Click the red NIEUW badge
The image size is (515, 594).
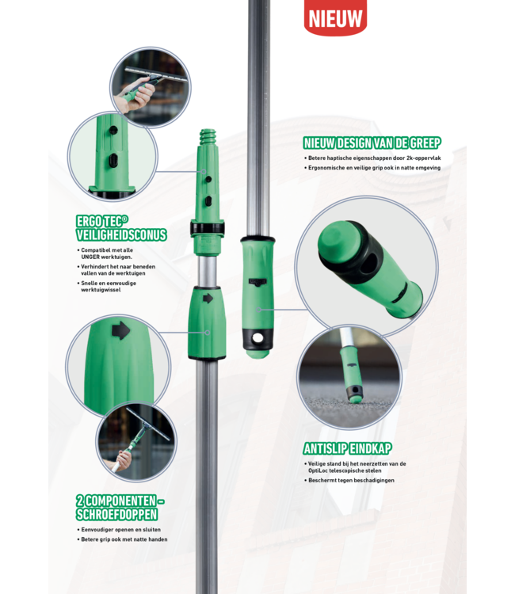click(x=335, y=17)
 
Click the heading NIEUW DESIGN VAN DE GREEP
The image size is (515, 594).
click(x=372, y=143)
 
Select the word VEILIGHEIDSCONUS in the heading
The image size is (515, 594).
click(x=122, y=234)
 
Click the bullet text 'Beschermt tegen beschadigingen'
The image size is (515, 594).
click(x=353, y=480)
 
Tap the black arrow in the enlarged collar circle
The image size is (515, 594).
click(x=120, y=330)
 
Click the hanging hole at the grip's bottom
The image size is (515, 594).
click(x=257, y=341)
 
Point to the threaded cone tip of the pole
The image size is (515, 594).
click(x=208, y=139)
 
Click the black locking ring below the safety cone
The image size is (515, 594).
click(x=208, y=227)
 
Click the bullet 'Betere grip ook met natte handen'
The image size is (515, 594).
click(x=124, y=539)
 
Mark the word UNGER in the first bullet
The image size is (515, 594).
click(x=92, y=257)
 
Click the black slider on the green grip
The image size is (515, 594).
click(x=258, y=281)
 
